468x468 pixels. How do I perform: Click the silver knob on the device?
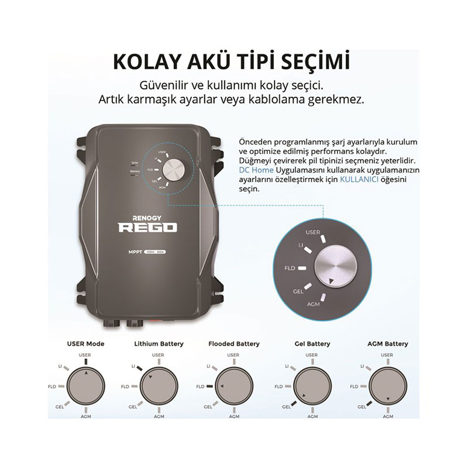(x=173, y=171)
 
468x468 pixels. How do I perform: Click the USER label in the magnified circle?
(x=312, y=232)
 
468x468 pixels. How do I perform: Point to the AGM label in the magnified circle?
(x=313, y=305)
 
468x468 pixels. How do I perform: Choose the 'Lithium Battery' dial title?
(x=159, y=343)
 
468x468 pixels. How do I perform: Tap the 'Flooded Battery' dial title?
(x=234, y=343)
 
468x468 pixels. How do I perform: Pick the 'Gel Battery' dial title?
(x=312, y=343)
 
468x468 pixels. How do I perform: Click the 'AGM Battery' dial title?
(x=387, y=343)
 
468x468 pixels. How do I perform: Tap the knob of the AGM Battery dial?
(x=387, y=387)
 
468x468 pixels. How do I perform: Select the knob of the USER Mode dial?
(x=86, y=387)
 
